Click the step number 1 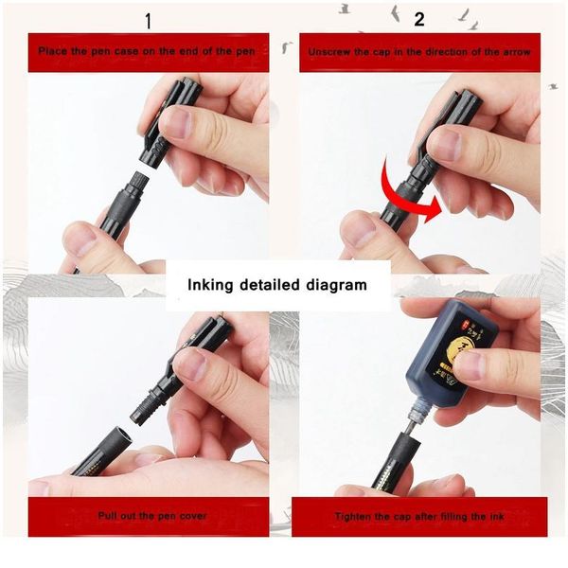(148, 21)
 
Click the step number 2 (419, 19)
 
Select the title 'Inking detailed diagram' (276, 284)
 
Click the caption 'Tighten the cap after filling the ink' (419, 517)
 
